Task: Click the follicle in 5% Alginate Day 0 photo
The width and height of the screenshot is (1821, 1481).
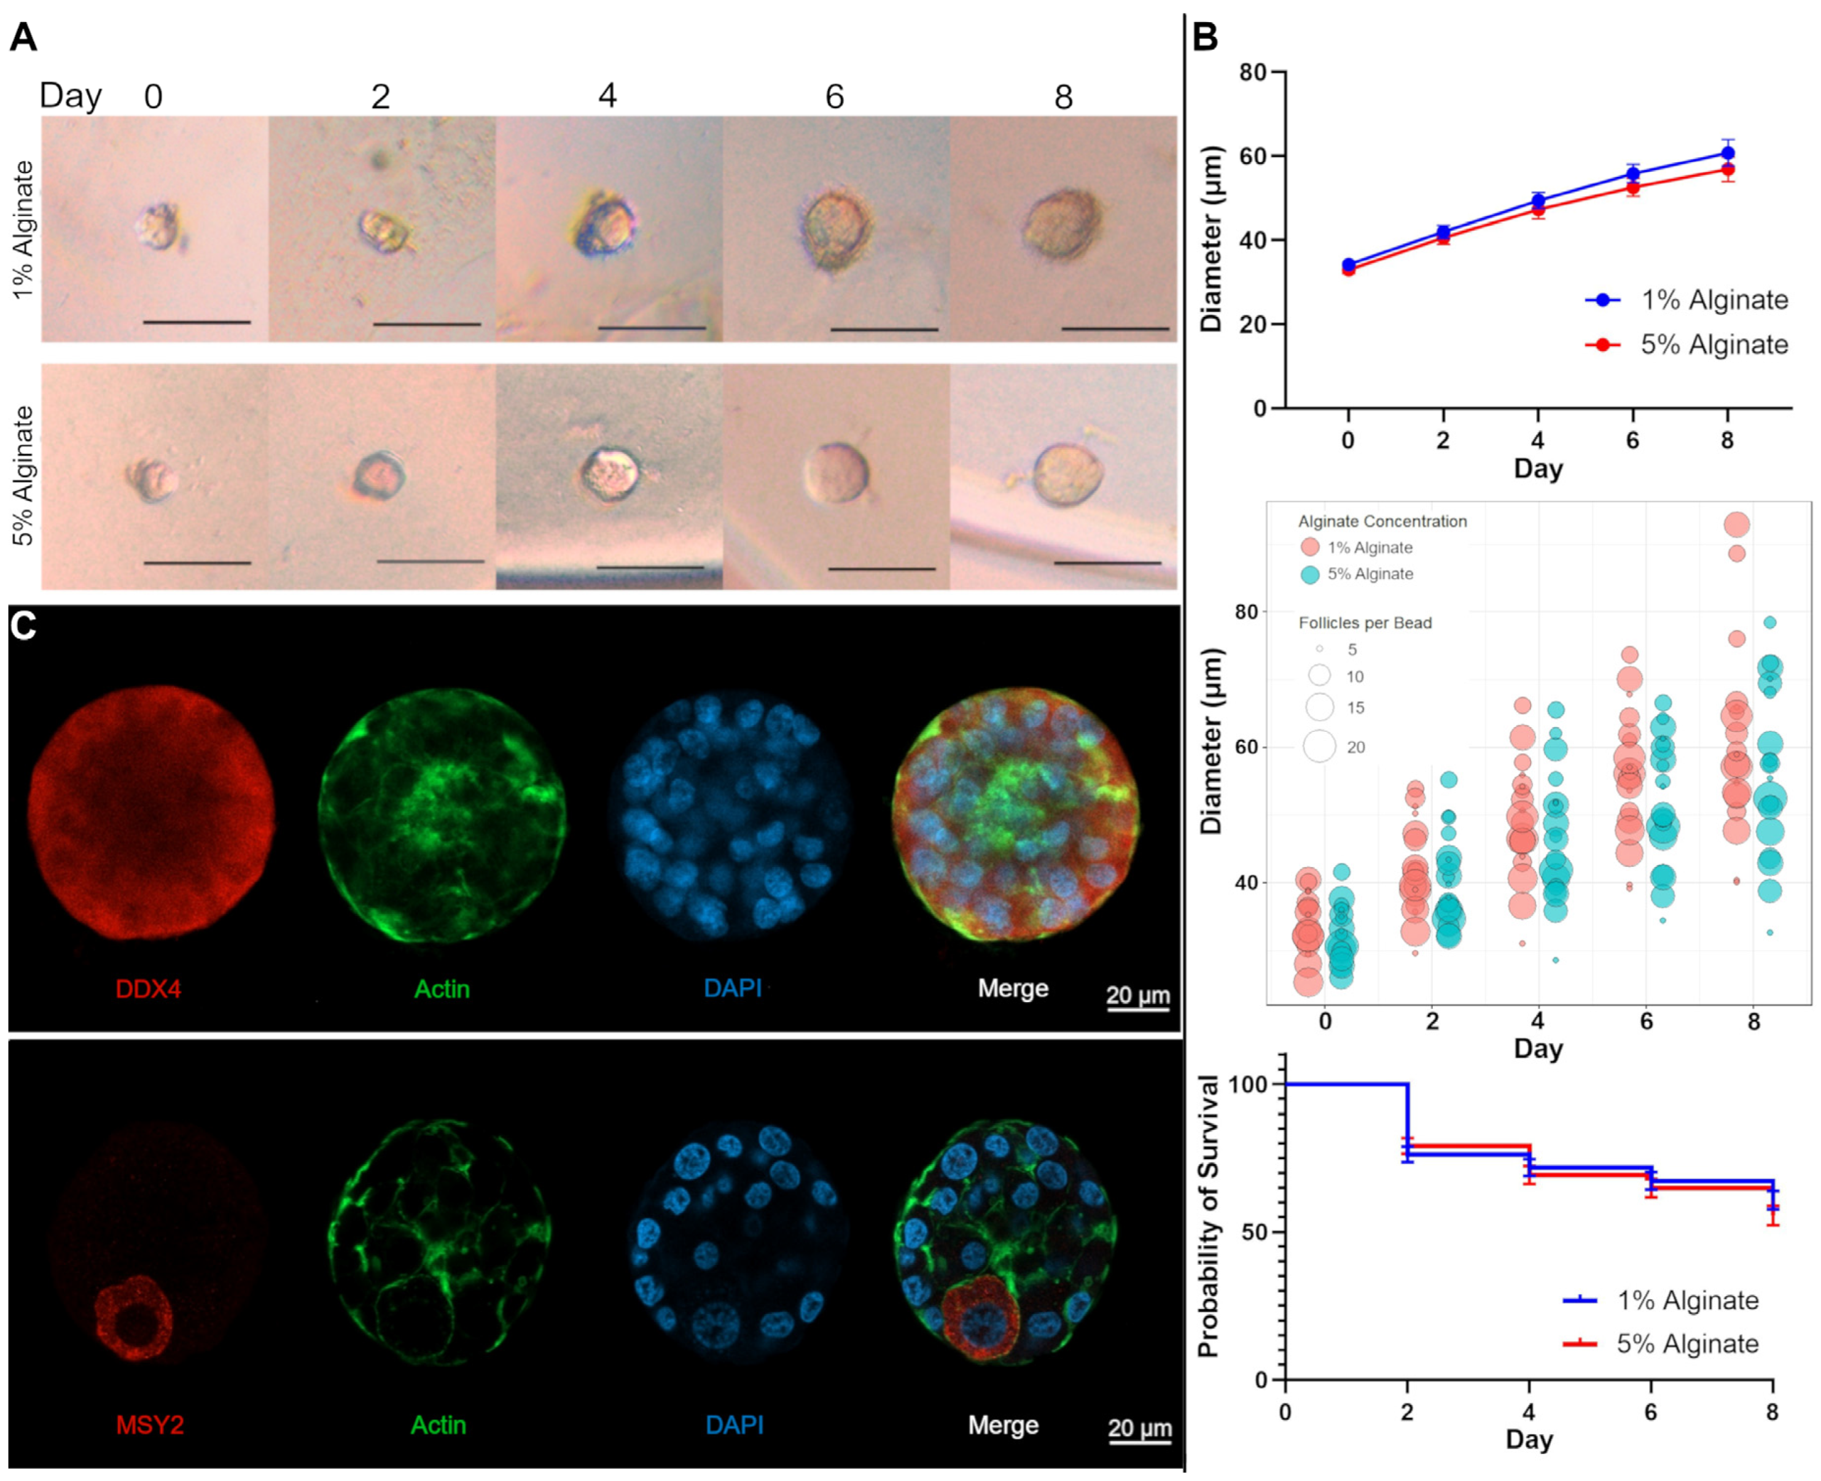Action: pos(152,480)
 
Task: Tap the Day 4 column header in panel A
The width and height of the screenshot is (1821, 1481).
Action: pos(607,96)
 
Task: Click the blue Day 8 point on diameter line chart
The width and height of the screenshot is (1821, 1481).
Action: pos(1727,153)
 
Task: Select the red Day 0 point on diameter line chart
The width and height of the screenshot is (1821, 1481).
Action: pos(1348,270)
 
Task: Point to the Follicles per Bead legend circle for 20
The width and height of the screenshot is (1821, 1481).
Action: pos(1319,747)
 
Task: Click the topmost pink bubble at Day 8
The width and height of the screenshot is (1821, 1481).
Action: pos(1736,524)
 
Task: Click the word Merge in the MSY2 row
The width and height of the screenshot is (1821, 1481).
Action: pos(1003,1425)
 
